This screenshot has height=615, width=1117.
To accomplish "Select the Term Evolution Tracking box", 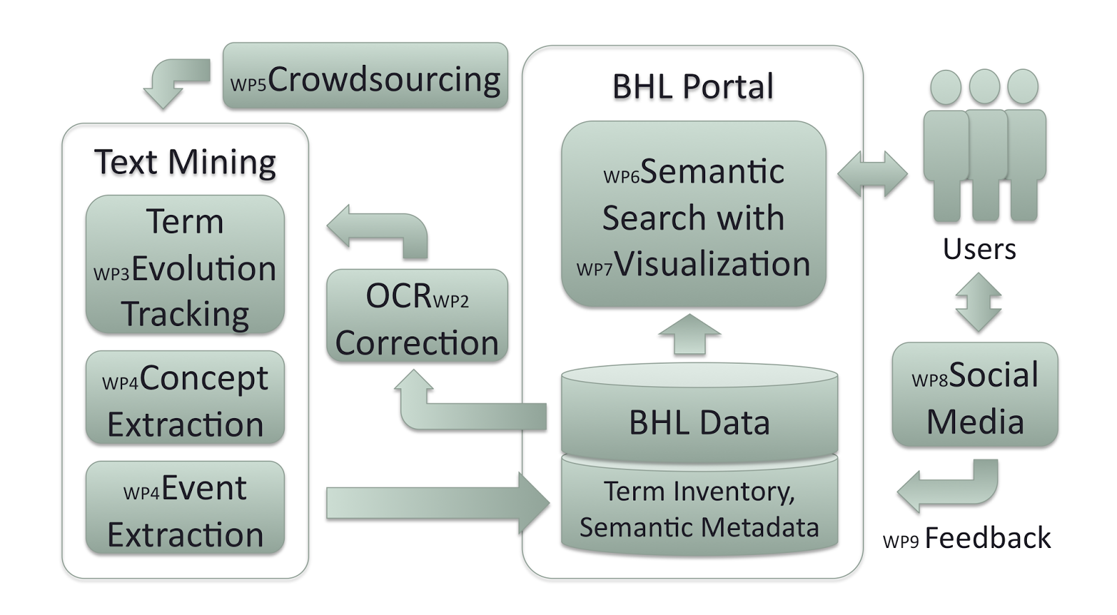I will [x=185, y=265].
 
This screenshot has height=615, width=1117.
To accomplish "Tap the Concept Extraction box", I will [x=185, y=398].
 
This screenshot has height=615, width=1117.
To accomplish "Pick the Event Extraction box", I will [x=185, y=508].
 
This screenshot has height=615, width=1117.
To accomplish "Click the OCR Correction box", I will [x=417, y=316].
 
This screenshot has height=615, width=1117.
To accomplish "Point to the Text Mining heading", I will [x=185, y=162].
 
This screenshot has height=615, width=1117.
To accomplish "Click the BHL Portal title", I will [x=693, y=87].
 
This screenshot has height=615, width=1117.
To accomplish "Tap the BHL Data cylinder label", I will [x=699, y=422].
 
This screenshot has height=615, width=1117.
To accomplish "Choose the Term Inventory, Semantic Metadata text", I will [x=699, y=509].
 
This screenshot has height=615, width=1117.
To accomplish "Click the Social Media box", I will [x=975, y=395].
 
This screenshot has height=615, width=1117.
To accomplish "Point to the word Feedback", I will [x=987, y=538].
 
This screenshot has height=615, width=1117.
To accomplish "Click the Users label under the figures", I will [x=979, y=249].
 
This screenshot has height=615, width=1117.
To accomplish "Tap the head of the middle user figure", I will [x=984, y=87].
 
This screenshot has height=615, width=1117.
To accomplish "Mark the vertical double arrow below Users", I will [x=978, y=302].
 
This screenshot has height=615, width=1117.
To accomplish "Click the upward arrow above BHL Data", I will [x=689, y=334].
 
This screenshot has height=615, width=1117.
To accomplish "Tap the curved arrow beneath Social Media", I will [x=949, y=485].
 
